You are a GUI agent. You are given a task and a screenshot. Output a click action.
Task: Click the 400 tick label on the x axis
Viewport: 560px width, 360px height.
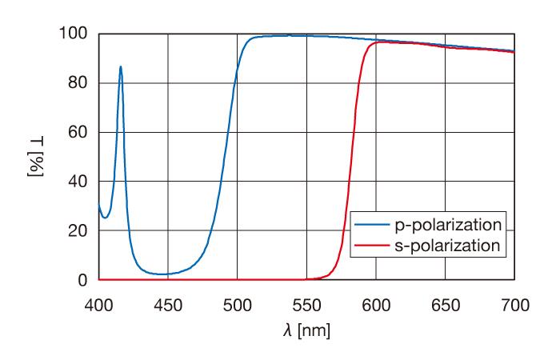tap(98, 305)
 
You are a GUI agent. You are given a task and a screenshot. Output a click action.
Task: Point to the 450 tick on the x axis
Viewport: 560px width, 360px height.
tap(168, 305)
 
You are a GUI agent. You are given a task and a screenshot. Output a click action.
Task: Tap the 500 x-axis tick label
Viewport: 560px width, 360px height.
tap(238, 305)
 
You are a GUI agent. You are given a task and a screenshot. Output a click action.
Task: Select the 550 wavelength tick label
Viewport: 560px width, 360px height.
tap(306, 305)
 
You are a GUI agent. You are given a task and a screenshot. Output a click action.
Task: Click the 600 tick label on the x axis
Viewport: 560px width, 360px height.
tap(376, 305)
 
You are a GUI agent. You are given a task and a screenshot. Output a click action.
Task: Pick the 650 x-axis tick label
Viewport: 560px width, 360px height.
tap(446, 305)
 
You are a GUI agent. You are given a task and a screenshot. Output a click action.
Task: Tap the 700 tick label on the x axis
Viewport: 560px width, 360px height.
tap(514, 305)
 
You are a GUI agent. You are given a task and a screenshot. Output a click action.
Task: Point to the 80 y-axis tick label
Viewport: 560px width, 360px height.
tap(77, 83)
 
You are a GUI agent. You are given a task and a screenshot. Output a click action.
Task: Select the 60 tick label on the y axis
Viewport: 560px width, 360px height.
tap(77, 132)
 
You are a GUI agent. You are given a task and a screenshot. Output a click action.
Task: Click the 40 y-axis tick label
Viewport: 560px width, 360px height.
tap(77, 182)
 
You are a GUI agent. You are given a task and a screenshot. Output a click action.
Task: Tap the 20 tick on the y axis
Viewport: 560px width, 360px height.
tap(77, 231)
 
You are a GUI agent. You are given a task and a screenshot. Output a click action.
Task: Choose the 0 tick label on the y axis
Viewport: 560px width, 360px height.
tap(81, 280)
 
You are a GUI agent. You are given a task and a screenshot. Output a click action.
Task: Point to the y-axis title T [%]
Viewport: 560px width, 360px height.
tap(37, 157)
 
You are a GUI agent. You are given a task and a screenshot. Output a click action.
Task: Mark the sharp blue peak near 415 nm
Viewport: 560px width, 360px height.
tap(121, 67)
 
